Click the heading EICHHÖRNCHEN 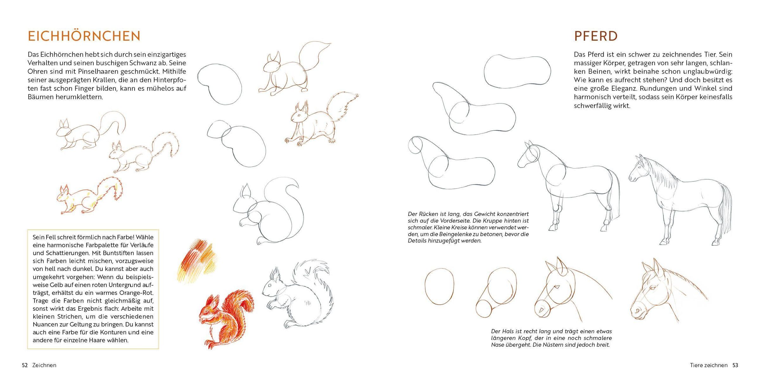tap(84, 36)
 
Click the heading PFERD tap(596, 36)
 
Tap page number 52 tap(25, 365)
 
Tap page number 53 tap(735, 365)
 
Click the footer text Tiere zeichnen tap(709, 365)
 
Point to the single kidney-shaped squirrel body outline tap(219, 84)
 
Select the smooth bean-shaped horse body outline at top tap(517, 71)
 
